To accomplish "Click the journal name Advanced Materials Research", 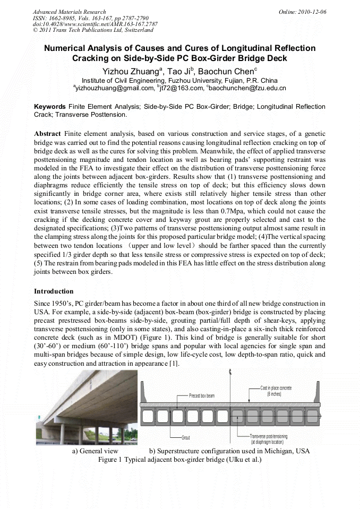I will pyautogui.click(x=69, y=12).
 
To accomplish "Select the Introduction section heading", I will pyautogui.click(x=54, y=291).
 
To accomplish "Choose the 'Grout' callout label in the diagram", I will pyautogui.click(x=185, y=438).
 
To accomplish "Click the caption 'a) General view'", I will pyautogui.click(x=95, y=451).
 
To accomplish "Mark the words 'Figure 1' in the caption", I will pyautogui.click(x=110, y=460).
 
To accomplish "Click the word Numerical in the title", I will pyautogui.click(x=67, y=48).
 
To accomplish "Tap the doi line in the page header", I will pyautogui.click(x=95, y=24).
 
